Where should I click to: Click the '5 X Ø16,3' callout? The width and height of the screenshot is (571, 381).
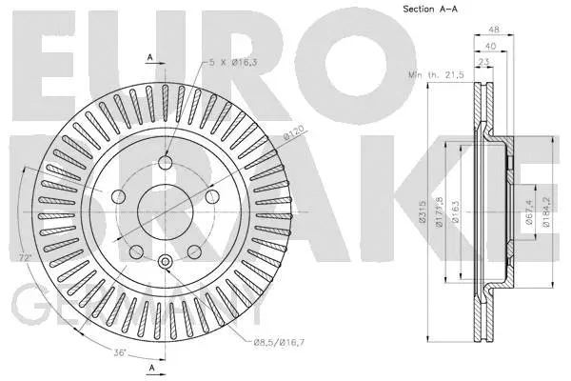click(x=235, y=63)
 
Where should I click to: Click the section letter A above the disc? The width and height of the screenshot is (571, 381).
click(x=150, y=59)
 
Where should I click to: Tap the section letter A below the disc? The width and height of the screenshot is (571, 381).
click(x=150, y=368)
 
